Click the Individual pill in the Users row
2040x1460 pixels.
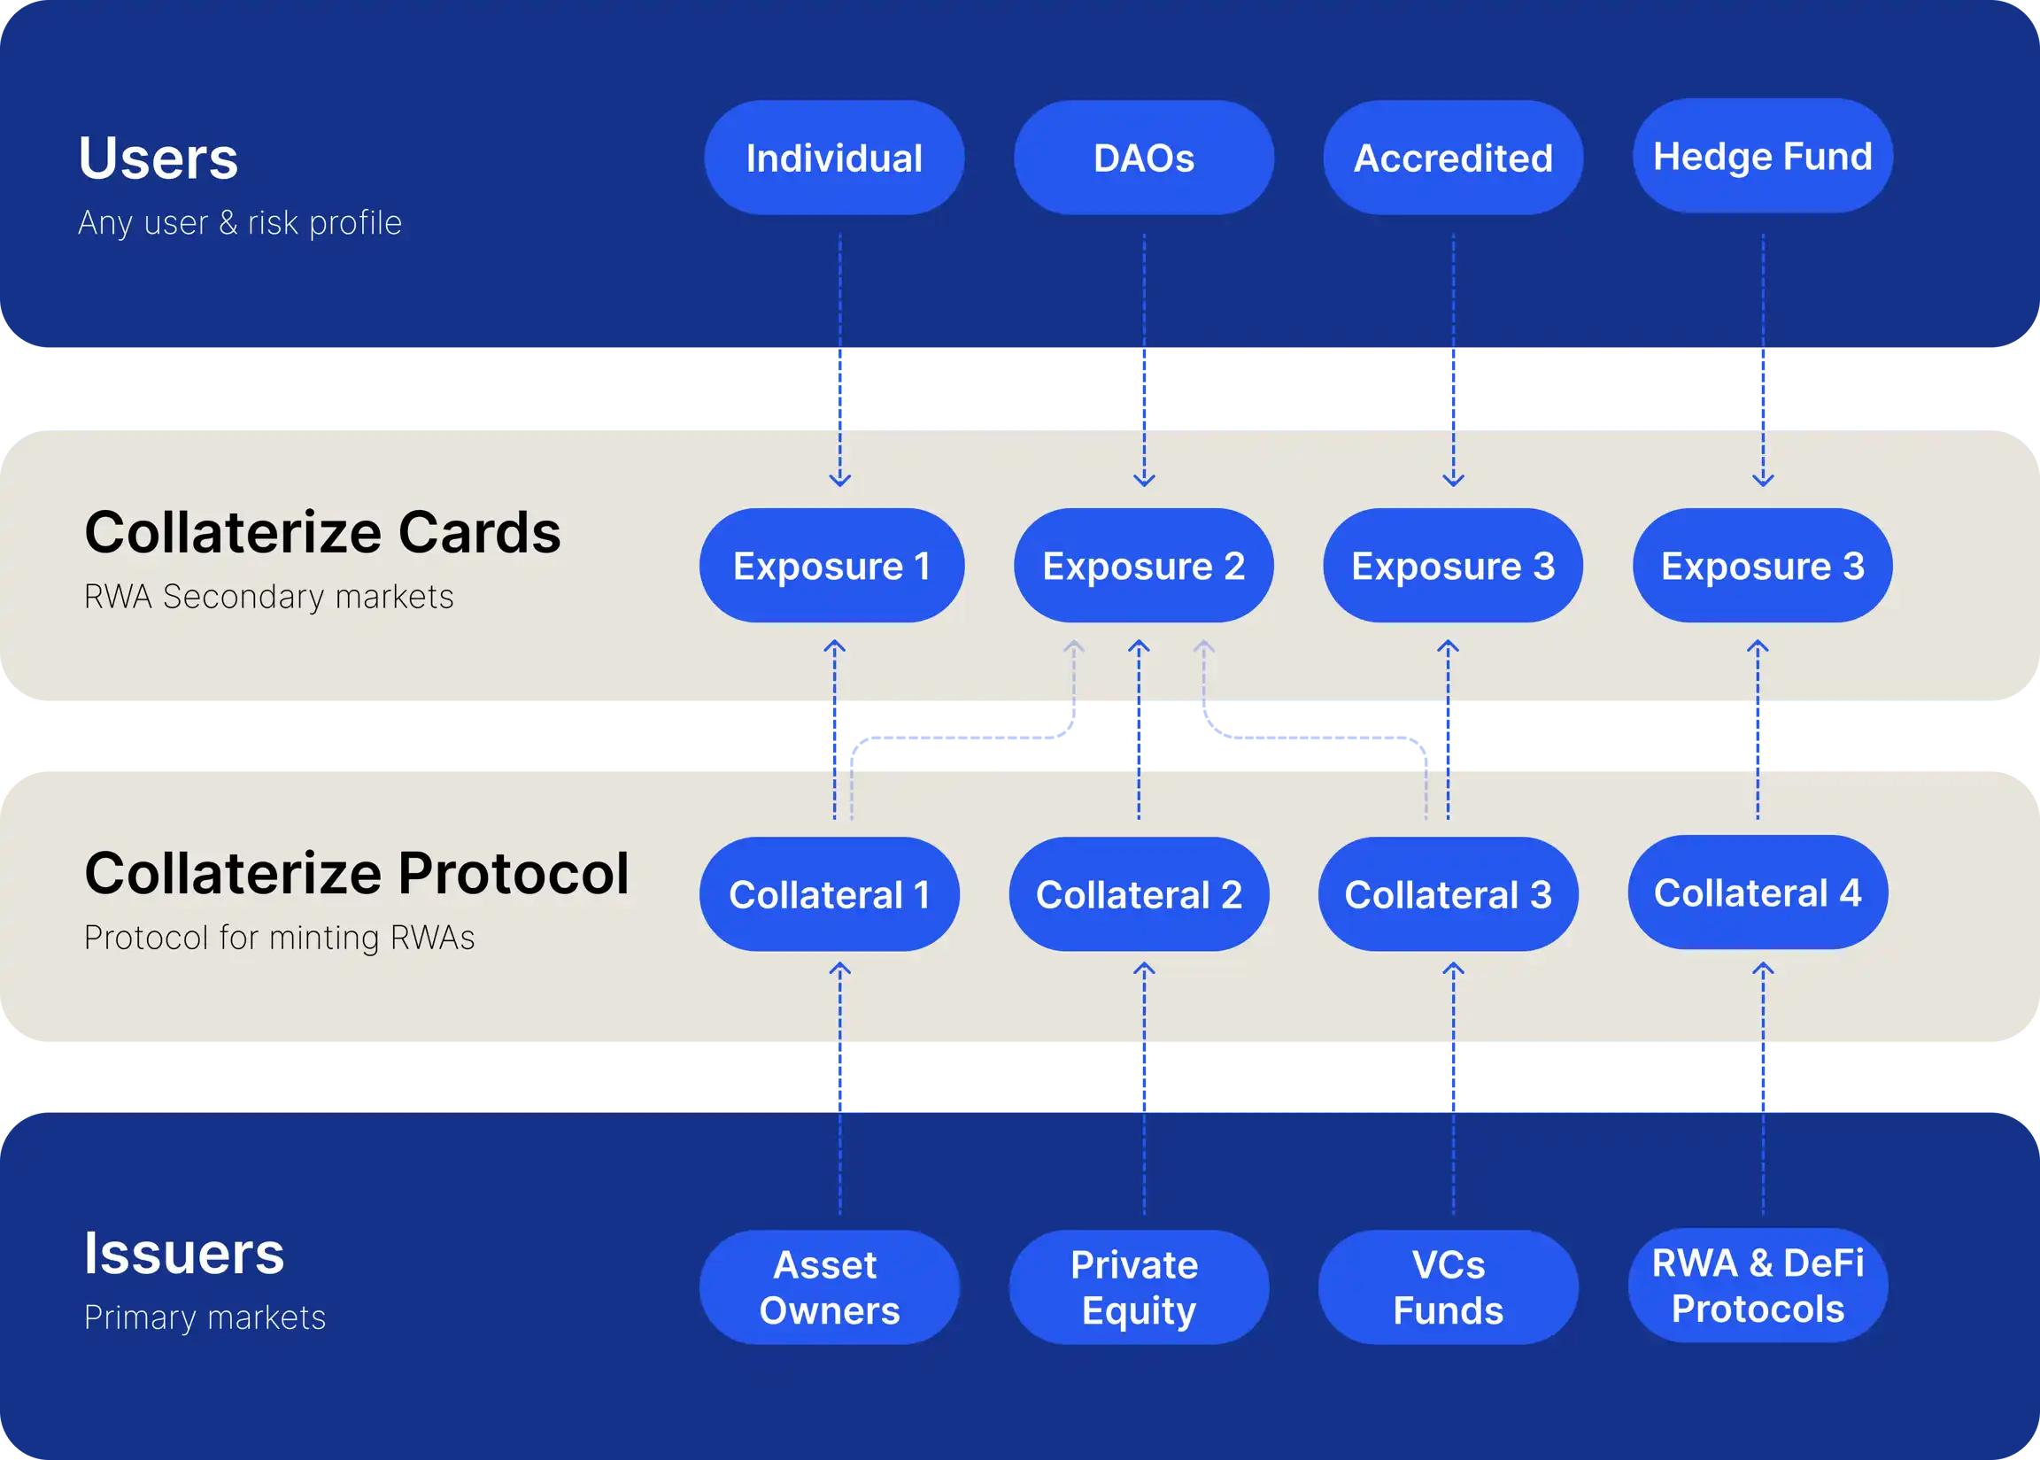(833, 158)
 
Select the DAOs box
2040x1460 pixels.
(1144, 158)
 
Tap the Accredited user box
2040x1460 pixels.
(1453, 158)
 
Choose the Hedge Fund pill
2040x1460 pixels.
(1762, 156)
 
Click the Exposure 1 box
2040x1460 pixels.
(831, 566)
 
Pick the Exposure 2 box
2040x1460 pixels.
(1144, 566)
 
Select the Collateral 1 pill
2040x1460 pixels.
(829, 894)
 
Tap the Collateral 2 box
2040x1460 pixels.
(1140, 894)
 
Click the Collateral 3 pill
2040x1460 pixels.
(1449, 894)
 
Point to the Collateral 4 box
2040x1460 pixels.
(1758, 892)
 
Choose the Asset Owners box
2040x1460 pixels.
(829, 1287)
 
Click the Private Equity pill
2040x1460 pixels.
(1140, 1287)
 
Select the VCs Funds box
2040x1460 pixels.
(1449, 1287)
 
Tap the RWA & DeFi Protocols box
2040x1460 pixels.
(1758, 1286)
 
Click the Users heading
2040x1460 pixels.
(158, 158)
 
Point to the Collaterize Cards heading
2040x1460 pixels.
(322, 532)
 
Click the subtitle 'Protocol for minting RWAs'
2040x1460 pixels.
(279, 938)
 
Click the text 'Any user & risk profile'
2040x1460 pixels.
(239, 223)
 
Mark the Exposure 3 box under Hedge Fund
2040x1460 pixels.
(1762, 566)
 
